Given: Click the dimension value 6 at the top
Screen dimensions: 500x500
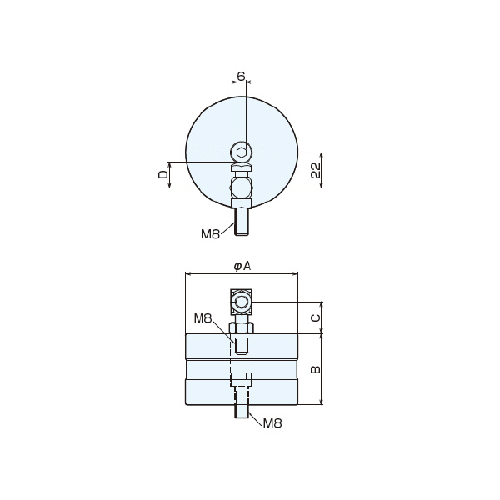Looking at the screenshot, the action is coord(242,76).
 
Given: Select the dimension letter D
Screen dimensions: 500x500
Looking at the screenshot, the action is coord(163,174).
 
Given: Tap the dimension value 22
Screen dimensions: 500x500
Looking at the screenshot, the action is coord(316,170).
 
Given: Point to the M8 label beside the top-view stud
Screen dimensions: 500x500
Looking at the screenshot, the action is coord(211,234).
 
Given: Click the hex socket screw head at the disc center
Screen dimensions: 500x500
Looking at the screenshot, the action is coord(242,152).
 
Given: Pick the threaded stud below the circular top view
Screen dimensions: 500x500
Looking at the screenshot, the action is coord(242,222).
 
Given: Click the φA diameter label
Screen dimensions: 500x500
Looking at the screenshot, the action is coord(242,266).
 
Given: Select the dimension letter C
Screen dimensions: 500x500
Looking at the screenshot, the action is coord(316,317).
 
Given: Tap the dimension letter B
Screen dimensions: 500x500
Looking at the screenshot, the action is coord(316,369).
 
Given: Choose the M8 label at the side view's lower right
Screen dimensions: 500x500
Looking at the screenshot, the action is coord(272,423).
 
